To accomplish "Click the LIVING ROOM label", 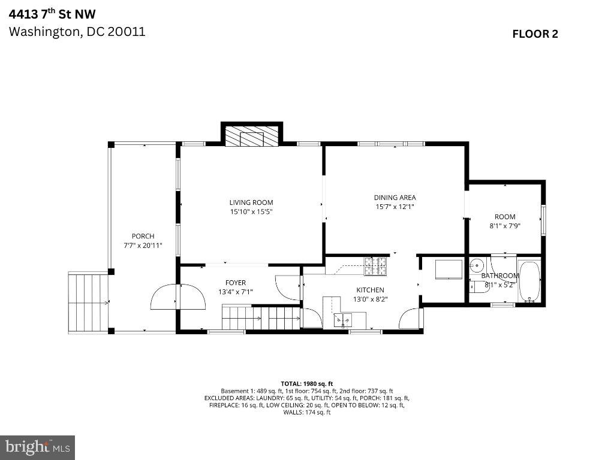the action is tap(251, 202).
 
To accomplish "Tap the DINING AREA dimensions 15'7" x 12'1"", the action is tap(395, 207).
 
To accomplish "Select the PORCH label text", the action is tap(143, 236).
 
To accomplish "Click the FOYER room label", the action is tap(236, 283).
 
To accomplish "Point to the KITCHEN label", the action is tap(370, 290).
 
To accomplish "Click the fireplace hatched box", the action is tap(251, 136).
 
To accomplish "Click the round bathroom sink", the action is tap(477, 265).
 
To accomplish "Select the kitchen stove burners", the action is tap(375, 266).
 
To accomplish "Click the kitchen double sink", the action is tap(342, 320).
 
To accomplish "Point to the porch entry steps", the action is tap(89, 302).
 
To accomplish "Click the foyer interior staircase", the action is tap(261, 317).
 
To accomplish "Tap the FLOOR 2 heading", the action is tap(535, 34).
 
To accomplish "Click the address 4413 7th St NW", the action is tap(52, 14).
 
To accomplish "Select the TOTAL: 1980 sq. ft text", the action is tap(306, 384).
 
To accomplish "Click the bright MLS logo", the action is tap(38, 447).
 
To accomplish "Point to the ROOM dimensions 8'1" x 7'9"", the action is tap(505, 226).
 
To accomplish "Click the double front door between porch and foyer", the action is tap(177, 297).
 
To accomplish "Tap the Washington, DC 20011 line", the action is tap(77, 32).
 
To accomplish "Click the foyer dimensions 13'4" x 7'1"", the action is tap(235, 292).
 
